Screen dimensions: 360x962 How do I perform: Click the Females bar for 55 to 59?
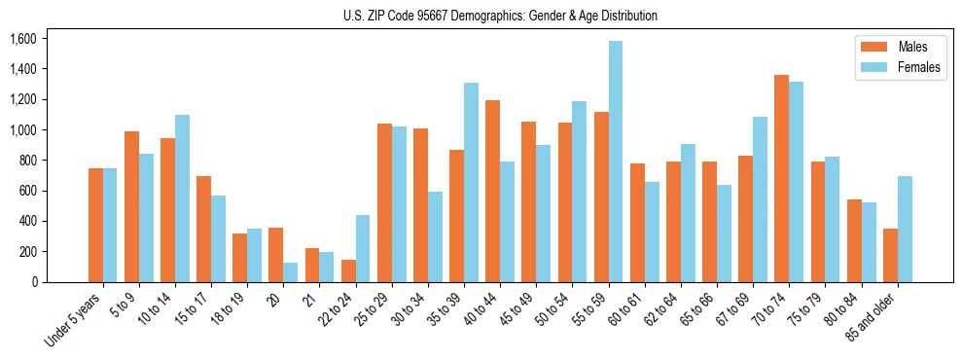(615, 162)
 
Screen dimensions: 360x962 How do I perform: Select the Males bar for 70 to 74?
(781, 178)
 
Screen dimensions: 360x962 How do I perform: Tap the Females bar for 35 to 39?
(471, 182)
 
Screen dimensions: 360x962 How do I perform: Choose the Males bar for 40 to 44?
(492, 191)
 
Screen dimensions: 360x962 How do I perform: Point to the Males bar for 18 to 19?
(239, 258)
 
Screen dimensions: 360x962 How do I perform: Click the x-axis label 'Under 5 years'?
(73, 319)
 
